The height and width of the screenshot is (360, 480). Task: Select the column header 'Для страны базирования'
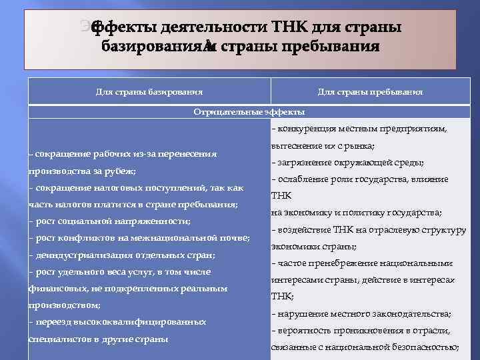148,92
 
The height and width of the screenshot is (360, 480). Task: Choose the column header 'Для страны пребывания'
370,92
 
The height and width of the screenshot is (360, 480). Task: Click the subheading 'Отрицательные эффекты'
249,112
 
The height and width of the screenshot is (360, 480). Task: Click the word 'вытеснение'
297,145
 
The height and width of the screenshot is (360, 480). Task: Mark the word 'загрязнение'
303,163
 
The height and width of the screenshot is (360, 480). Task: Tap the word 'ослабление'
301,179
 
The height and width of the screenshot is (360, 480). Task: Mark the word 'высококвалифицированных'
148,322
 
